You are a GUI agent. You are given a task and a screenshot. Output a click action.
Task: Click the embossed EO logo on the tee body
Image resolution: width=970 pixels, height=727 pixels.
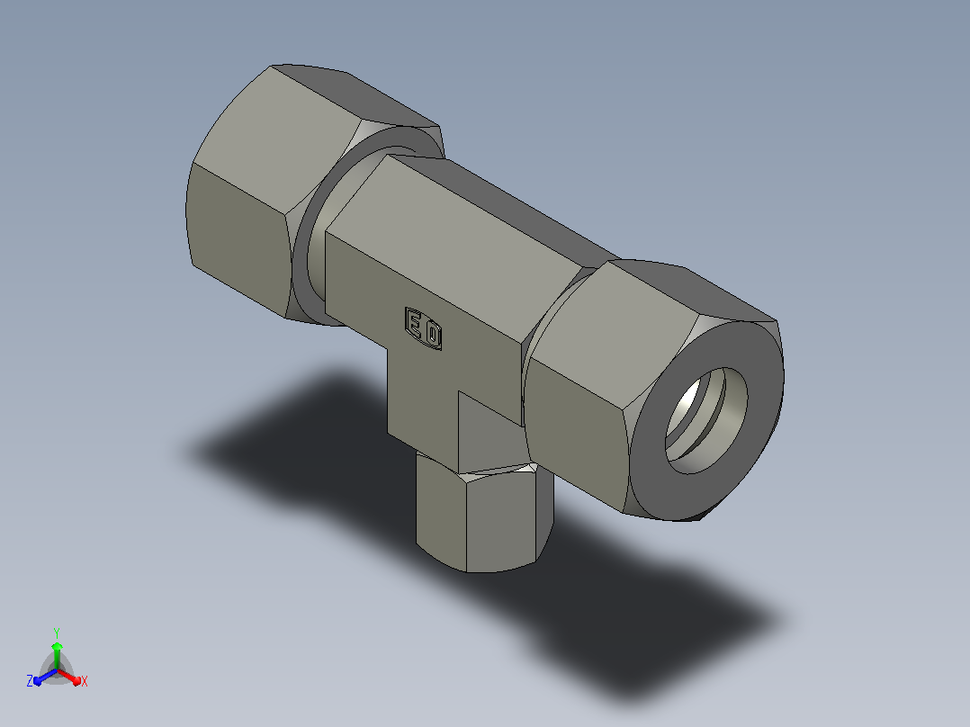point(423,328)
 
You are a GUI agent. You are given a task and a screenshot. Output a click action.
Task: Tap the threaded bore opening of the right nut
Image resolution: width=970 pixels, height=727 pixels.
point(705,421)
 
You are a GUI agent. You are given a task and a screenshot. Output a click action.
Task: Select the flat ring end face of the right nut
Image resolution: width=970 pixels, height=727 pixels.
point(706,421)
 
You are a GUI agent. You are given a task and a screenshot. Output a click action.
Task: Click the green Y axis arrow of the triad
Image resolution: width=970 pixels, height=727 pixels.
point(57,656)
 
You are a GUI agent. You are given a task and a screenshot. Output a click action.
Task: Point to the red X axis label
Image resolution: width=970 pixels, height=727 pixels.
point(85,681)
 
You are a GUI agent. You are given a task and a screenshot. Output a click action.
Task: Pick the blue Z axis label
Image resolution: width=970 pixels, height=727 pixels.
point(30,680)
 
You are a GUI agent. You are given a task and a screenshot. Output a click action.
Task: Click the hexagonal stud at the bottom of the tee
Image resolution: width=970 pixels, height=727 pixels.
point(484,516)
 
